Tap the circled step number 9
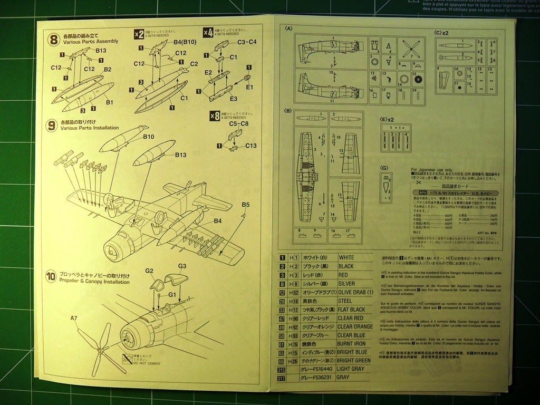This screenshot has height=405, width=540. click(51, 125)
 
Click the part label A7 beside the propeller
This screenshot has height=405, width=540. click(74, 318)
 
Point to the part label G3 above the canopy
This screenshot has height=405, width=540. click(182, 266)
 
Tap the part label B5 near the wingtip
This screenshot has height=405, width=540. click(246, 205)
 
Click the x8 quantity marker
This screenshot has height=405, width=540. click(215, 115)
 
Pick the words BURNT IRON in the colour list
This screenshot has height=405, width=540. click(352, 344)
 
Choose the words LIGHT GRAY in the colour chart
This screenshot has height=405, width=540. click(351, 369)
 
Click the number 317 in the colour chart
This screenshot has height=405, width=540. click(282, 378)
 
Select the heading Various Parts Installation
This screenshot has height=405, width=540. click(90, 128)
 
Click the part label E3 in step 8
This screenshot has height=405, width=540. click(233, 99)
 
